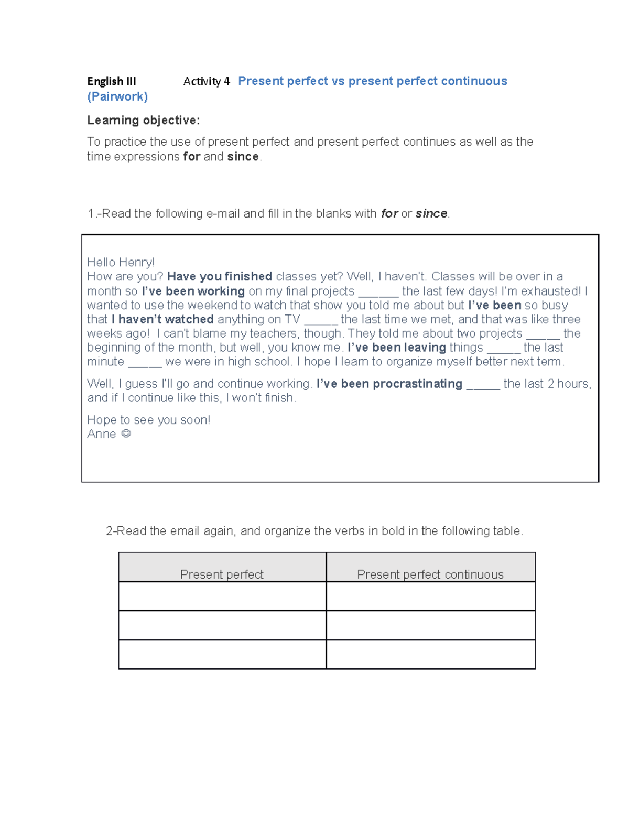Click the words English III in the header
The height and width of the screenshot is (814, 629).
(111, 81)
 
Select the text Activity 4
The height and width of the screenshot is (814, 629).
(206, 81)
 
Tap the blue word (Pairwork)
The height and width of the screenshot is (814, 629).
(117, 96)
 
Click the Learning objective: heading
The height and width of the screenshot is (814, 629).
(143, 121)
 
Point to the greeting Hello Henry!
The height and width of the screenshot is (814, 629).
(121, 262)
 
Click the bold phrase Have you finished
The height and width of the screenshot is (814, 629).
(219, 276)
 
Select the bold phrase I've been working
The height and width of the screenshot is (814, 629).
(193, 291)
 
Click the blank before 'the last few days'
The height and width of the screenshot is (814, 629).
(378, 292)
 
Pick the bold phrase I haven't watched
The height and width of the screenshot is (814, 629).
(162, 319)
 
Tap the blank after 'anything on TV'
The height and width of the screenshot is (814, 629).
(320, 320)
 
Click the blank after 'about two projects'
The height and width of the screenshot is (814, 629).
(543, 334)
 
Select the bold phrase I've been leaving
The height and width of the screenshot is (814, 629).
(396, 348)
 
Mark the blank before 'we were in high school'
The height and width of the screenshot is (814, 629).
(145, 363)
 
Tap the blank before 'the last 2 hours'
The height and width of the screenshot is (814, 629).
(483, 385)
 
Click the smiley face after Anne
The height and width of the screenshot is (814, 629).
(126, 433)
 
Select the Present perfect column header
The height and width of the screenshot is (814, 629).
(222, 574)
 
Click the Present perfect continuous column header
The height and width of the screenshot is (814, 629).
(430, 574)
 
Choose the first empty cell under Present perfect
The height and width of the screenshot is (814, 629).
(222, 596)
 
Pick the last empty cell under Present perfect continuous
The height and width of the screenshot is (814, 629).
(430, 654)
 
